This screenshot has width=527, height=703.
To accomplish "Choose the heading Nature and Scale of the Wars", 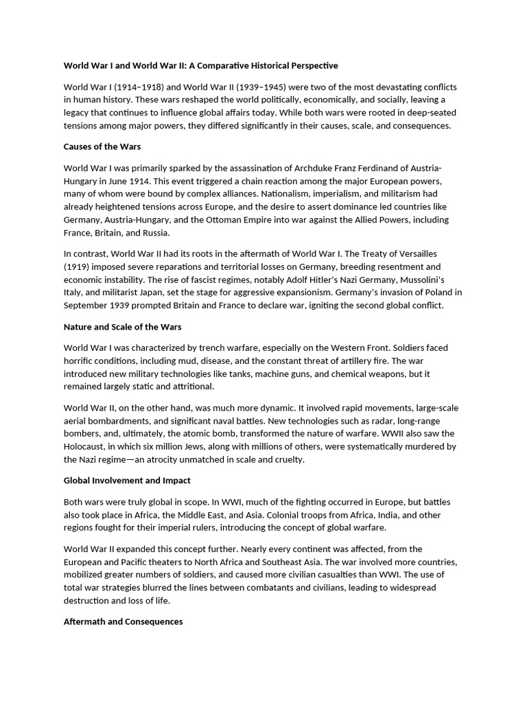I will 123,327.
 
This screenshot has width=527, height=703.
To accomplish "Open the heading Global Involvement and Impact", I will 127,481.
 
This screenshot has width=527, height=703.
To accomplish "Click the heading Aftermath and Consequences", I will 124,621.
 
